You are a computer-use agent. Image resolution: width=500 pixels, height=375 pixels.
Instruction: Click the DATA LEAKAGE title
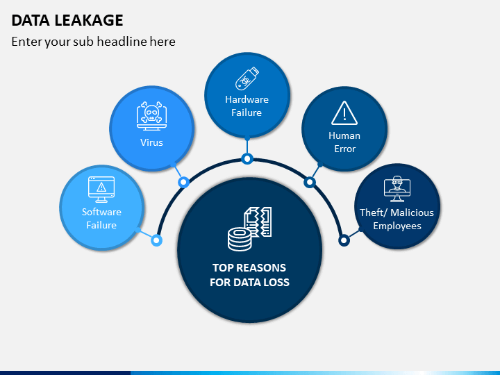67,20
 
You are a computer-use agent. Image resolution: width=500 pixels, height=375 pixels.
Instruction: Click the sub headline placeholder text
94,42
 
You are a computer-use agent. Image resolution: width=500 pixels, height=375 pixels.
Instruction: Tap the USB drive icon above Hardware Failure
247,78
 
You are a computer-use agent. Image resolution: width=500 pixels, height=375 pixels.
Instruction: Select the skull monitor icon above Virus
152,116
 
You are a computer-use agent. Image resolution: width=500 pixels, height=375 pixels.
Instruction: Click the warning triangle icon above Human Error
344,113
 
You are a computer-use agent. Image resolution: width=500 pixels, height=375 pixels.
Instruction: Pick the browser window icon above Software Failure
101,190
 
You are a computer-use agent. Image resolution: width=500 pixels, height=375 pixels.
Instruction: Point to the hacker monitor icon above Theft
397,189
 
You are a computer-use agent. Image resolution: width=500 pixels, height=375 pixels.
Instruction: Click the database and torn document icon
250,228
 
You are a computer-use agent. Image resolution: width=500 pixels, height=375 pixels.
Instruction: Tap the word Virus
152,142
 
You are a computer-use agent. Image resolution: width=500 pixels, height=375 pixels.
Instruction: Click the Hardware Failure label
247,106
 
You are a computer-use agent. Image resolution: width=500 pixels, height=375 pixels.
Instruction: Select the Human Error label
344,142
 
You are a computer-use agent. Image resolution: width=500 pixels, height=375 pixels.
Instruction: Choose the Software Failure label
101,219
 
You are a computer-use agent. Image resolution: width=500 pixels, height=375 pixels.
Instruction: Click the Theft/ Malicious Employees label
397,219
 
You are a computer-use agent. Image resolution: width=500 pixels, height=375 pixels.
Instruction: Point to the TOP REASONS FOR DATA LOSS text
249,275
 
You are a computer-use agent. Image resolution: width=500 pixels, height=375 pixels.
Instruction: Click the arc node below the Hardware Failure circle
247,158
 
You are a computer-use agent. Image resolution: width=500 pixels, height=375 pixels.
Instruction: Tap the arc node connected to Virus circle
183,183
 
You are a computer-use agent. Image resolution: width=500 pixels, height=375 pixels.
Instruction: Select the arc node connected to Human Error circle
310,183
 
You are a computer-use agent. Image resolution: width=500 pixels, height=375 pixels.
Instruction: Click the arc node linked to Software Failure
156,240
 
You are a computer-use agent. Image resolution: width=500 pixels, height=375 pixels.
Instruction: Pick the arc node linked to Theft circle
344,240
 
